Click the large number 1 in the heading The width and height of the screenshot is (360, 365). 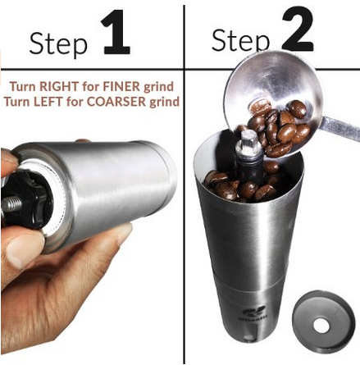coord(116,32)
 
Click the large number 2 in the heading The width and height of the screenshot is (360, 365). coord(298,30)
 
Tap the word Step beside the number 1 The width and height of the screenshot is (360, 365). coord(58,43)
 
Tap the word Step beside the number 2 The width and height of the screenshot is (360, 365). coord(240,40)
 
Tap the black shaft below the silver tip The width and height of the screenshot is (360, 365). coord(248,166)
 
